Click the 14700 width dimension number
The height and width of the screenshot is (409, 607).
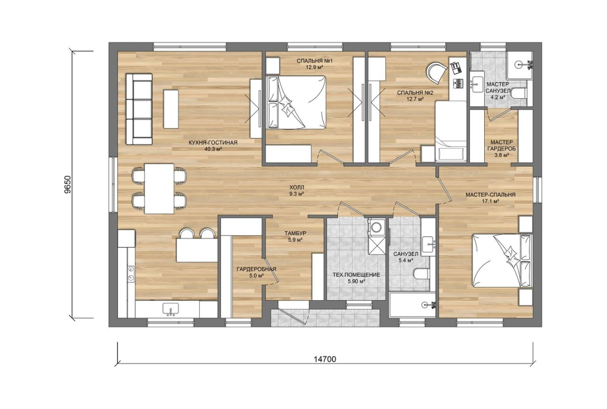(325, 359)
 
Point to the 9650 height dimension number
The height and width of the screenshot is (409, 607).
(68, 185)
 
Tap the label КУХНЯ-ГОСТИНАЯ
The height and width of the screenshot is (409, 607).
(213, 143)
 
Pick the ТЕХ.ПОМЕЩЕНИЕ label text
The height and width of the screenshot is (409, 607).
(356, 275)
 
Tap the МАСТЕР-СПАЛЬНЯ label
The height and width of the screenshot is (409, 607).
(490, 195)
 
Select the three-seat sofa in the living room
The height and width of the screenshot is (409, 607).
(139, 109)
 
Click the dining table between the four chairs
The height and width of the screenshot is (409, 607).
(159, 188)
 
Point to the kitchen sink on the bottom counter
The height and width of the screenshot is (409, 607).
(171, 309)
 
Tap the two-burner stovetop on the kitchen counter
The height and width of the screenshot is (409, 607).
(131, 274)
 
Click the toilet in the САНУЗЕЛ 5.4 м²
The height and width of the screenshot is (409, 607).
(422, 273)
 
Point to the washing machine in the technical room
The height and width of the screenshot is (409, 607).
(376, 226)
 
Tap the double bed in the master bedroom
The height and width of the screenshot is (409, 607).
(502, 260)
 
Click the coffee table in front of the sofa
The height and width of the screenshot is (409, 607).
(171, 109)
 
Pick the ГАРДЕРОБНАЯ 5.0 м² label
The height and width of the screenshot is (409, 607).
(257, 272)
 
